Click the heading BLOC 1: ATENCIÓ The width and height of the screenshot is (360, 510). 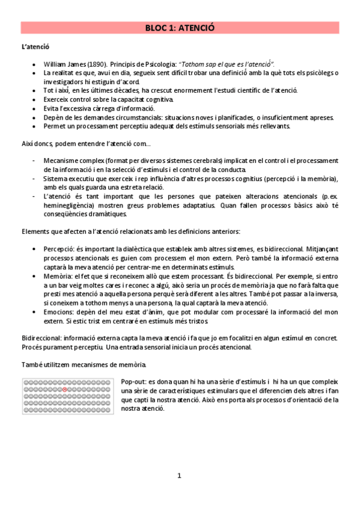pyautogui.click(x=180, y=28)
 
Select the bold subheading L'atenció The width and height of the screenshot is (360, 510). pyautogui.click(x=35, y=46)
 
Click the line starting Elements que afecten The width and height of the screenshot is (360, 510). pyautogui.click(x=130, y=231)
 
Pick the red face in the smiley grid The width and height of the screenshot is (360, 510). pyautogui.click(x=64, y=390)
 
